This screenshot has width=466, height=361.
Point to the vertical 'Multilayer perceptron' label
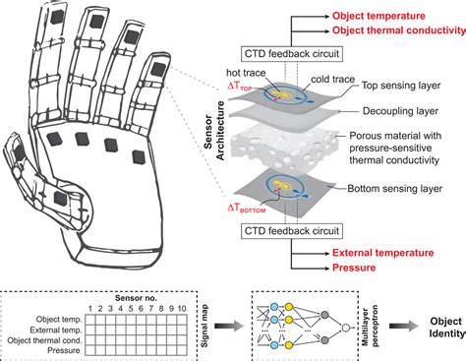point(365,323)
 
